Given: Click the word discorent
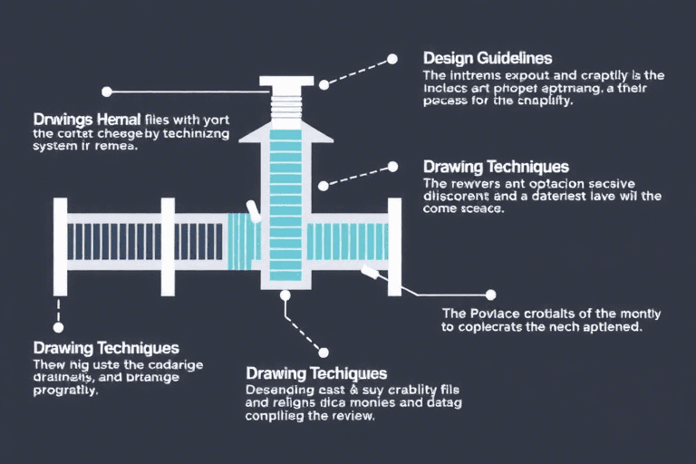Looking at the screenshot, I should tap(458, 195).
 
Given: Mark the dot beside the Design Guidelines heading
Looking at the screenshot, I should tap(392, 59).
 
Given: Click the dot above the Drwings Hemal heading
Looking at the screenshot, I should tap(107, 92).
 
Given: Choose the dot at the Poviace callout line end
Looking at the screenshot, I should tap(490, 295).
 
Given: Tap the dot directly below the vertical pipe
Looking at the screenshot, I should tap(286, 295).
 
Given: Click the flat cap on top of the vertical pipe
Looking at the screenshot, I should tap(286, 82).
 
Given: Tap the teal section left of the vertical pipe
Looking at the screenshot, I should tap(242, 241).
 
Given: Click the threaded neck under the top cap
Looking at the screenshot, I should tap(286, 104).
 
